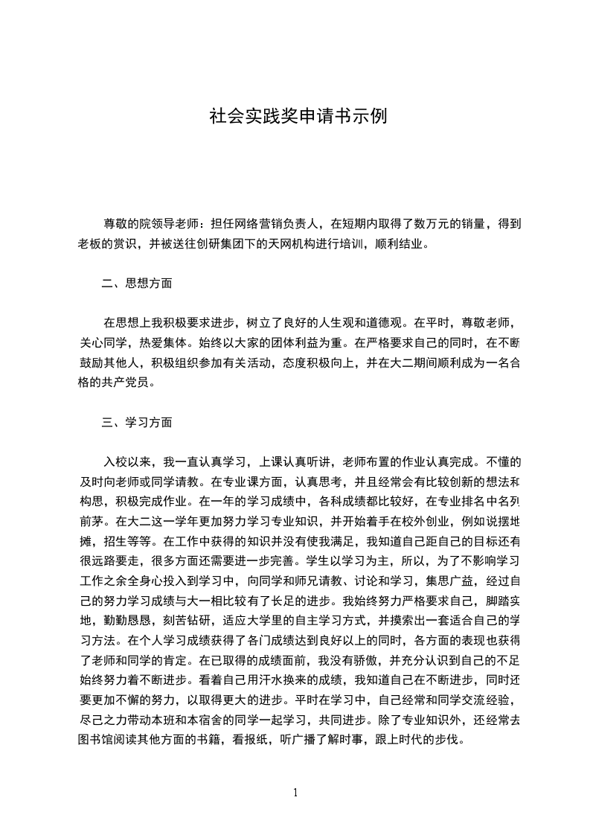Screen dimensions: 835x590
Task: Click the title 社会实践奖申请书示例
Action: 298,117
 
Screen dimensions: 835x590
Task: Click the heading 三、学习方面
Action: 137,422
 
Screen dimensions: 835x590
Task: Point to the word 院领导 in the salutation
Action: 169,223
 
